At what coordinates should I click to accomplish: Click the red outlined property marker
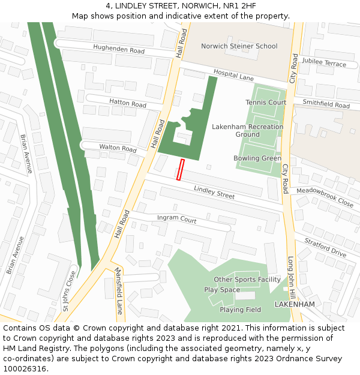180,169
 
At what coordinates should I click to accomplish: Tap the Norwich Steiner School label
239,46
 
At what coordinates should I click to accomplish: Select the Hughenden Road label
119,49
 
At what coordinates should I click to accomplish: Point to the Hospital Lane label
233,75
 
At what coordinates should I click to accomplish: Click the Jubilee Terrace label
324,63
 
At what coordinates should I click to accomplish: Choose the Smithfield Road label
326,104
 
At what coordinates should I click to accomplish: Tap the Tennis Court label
266,103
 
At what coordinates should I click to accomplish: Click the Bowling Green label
257,158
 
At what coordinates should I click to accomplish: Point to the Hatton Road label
128,103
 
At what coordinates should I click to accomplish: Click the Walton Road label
118,148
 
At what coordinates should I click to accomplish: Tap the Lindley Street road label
214,192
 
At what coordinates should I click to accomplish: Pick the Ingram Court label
176,219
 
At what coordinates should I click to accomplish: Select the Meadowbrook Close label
325,197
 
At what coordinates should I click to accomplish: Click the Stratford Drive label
325,247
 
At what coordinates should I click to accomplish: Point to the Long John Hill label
292,277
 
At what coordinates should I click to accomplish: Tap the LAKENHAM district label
295,304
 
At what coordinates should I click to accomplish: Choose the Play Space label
222,290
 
